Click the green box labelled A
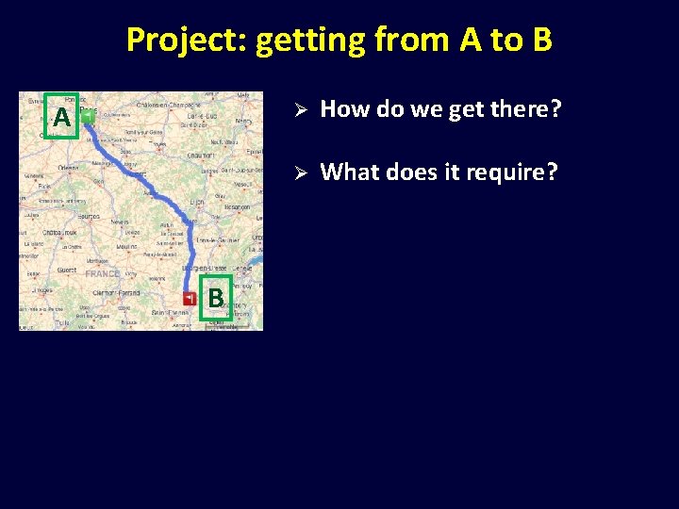62,117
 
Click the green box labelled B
216,298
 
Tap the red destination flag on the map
190,298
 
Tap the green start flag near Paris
88,117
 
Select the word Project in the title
185,41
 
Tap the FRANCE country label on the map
102,273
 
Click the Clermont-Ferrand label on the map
116,292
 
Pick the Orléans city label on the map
68,168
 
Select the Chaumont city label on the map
200,155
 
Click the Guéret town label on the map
65,270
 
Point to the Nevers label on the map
120,222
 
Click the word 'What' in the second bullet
348,172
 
